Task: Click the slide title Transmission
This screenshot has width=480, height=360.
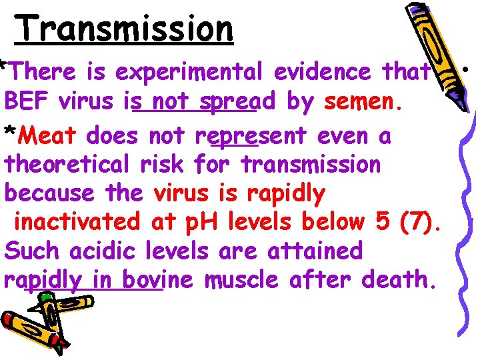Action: pos(125,29)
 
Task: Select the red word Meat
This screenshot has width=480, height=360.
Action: pos(47,136)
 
